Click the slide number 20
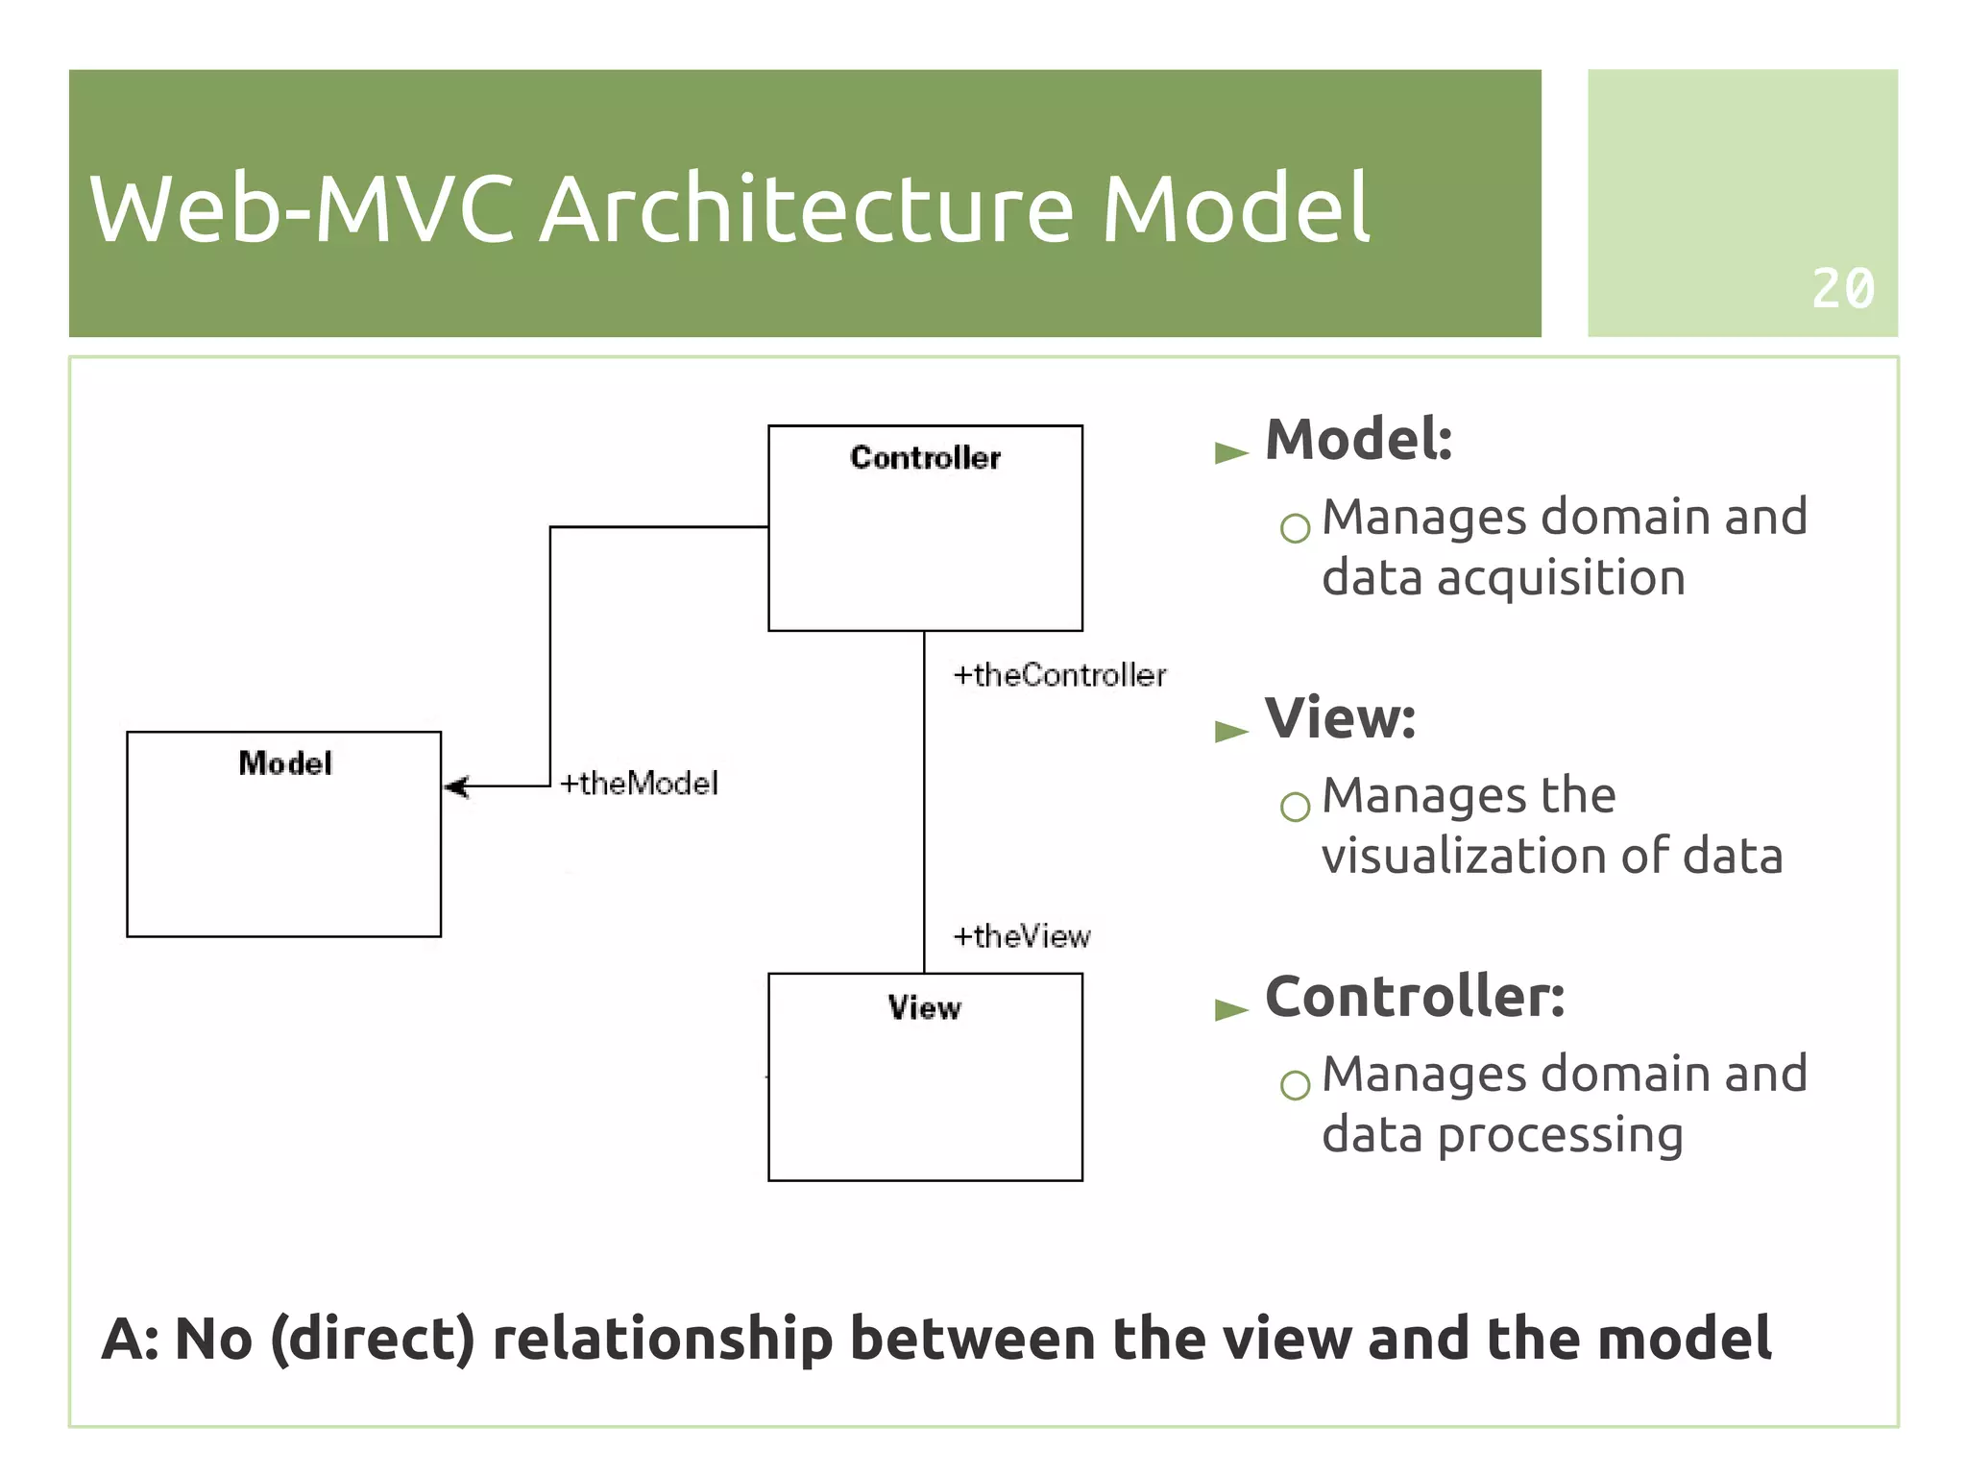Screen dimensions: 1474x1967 tap(1842, 288)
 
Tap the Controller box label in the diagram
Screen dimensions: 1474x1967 tap(925, 458)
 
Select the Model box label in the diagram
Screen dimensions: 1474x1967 tap(285, 763)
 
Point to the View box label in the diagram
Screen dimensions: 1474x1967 tap(924, 1007)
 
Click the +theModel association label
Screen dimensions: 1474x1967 tap(639, 784)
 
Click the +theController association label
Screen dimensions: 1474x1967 tap(1059, 675)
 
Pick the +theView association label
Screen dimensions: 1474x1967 tap(1021, 936)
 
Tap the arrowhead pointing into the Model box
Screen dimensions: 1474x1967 tap(456, 786)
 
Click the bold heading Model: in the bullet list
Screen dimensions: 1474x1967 tap(1358, 440)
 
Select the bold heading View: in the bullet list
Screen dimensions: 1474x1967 tap(1340, 718)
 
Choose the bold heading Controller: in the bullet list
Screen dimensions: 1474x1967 tap(1414, 997)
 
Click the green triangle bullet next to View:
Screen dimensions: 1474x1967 tap(1230, 732)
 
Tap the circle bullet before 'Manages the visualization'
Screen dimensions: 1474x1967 tap(1295, 807)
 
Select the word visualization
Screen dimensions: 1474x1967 tap(1462, 856)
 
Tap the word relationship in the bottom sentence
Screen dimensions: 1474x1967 tap(662, 1339)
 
